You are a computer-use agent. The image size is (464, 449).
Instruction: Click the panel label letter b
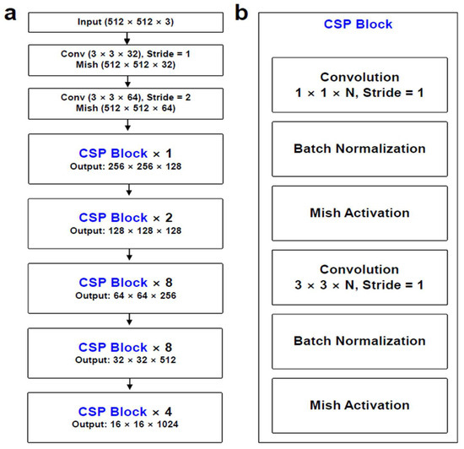241,14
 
